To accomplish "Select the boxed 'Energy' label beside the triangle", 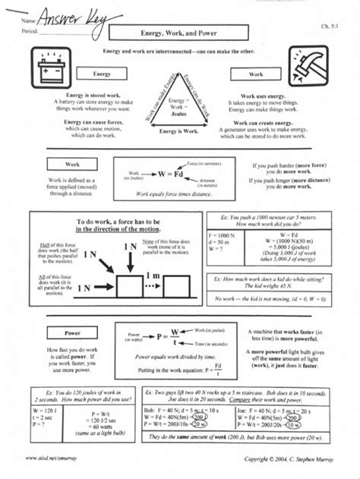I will click(102, 75).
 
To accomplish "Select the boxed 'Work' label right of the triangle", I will click(257, 75).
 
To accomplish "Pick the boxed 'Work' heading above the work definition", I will click(72, 164).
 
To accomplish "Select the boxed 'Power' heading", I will click(72, 332).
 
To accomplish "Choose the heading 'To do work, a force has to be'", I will click(126, 221).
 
